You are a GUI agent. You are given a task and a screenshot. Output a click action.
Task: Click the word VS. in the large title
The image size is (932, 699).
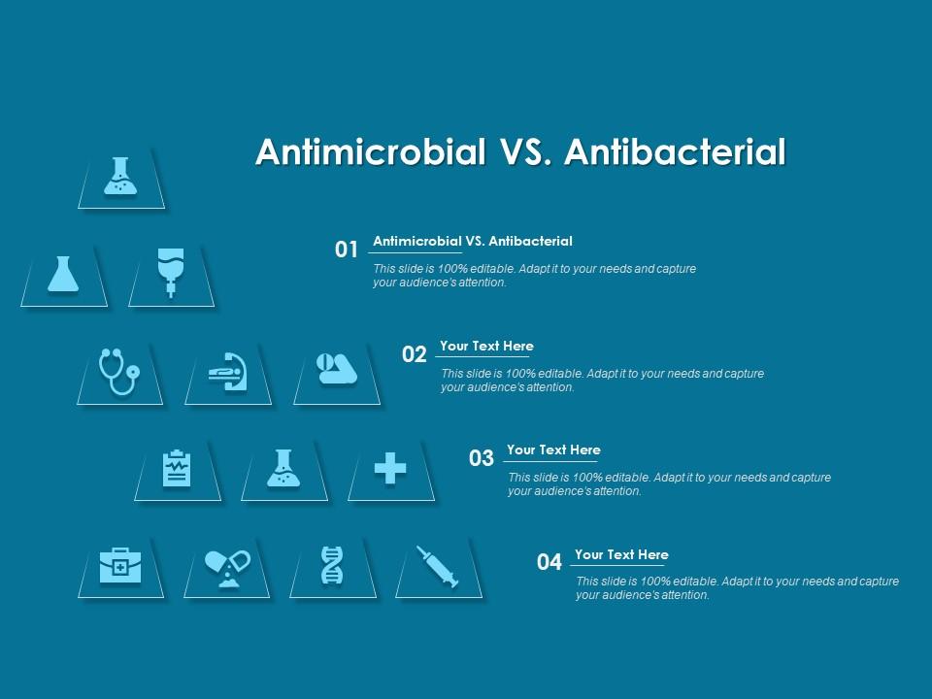[525, 152]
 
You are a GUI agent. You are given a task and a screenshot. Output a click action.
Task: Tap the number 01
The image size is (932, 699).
[347, 250]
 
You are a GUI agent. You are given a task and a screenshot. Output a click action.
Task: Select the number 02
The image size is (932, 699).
[415, 354]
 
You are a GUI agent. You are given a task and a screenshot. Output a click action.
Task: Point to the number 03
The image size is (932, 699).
[482, 458]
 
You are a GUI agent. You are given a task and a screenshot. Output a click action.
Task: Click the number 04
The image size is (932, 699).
[549, 562]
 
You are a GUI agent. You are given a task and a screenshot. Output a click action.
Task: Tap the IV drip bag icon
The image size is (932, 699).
[171, 272]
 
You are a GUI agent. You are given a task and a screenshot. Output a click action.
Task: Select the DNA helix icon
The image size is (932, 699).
[332, 565]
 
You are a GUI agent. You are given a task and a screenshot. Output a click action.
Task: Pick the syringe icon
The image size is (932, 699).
[438, 565]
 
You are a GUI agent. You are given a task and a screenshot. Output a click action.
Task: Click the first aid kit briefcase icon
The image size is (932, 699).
[120, 565]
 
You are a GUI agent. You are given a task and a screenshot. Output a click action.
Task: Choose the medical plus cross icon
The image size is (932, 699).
[390, 470]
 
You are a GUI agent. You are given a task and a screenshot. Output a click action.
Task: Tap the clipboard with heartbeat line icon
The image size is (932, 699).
[177, 470]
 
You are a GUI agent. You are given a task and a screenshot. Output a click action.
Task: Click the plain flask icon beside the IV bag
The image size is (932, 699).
[63, 274]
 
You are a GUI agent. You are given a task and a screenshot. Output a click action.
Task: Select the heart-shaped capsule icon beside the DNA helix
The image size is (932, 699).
[227, 565]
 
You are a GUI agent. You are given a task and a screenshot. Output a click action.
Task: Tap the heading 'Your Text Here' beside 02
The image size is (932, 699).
[486, 346]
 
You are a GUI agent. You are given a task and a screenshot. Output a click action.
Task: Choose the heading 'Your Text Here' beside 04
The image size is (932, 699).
[621, 554]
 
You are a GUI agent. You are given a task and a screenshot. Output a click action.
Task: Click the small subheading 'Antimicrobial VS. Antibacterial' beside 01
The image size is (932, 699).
[473, 241]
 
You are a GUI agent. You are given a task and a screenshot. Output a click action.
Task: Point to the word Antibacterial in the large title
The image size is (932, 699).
[674, 152]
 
